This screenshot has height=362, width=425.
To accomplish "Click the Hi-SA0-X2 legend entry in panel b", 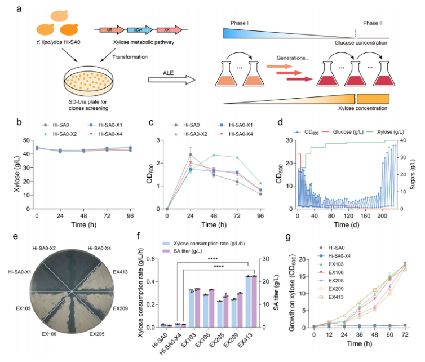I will tap(64, 132).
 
